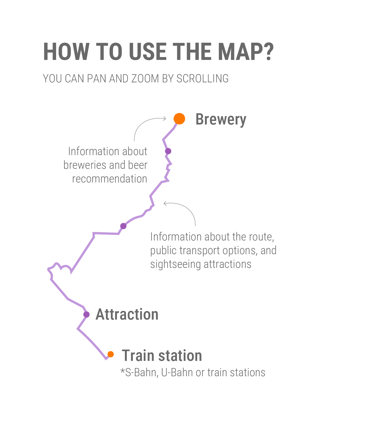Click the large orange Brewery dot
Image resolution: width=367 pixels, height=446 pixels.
pos(179,118)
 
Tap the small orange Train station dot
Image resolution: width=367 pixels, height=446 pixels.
pos(111,354)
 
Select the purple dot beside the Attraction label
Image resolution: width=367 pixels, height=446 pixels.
pos(87,314)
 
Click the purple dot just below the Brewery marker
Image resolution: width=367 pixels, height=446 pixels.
pos(168,151)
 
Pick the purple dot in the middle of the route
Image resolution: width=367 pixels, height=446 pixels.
pos(124,226)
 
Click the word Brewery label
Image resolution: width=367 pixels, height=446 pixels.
pos(221,120)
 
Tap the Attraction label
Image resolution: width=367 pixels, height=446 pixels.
pos(127,314)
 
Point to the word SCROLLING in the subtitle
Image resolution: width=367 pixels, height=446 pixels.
pos(202,79)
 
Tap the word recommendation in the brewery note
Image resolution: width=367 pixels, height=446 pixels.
pos(110,179)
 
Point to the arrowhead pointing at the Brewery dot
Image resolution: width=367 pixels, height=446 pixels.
pos(165,118)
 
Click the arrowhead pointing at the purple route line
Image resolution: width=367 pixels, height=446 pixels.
pos(165,203)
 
